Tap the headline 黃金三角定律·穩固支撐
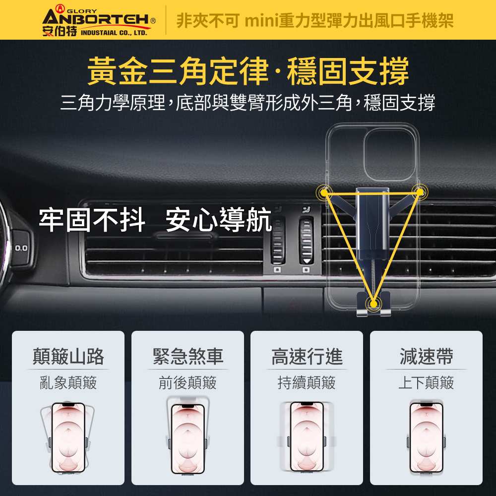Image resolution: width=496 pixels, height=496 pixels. coord(248,71)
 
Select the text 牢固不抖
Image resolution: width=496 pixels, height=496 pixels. coord(92,220)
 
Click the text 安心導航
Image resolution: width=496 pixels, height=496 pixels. coord(219,220)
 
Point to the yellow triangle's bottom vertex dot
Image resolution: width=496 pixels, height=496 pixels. coord(373,304)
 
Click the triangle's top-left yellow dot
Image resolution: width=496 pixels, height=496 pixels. coord(324,192)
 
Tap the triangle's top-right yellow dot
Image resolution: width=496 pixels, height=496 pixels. coord(420,191)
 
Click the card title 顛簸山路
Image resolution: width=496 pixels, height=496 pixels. coord(68,356)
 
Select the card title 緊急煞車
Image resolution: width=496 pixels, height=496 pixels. coord(187,356)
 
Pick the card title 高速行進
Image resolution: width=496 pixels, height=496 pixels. coord(307,356)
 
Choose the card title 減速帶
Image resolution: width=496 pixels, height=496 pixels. coord(426,356)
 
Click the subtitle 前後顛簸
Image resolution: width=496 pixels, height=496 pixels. coord(187,383)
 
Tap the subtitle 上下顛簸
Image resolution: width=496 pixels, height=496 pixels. coord(426,383)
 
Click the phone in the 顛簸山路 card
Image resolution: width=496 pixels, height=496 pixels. coord(68,437)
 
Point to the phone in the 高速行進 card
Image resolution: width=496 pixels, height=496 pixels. coord(307,437)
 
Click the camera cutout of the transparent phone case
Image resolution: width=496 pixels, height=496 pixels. coord(389,155)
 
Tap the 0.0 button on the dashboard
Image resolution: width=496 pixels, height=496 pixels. coord(21,248)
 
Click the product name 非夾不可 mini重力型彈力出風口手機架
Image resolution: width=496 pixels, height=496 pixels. coord(315,20)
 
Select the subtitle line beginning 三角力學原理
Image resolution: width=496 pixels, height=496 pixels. coord(248,103)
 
